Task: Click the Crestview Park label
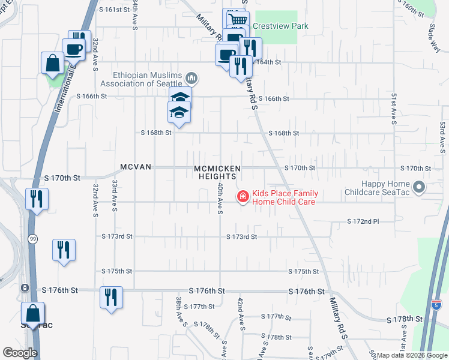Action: coord(280,26)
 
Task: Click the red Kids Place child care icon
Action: coord(243,197)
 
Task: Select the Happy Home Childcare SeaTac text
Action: coord(379,189)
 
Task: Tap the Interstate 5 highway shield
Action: coord(438,305)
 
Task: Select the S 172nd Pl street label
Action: coord(363,222)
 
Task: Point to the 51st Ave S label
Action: coord(394,108)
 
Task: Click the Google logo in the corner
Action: coord(20,353)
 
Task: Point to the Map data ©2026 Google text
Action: coord(411,355)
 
